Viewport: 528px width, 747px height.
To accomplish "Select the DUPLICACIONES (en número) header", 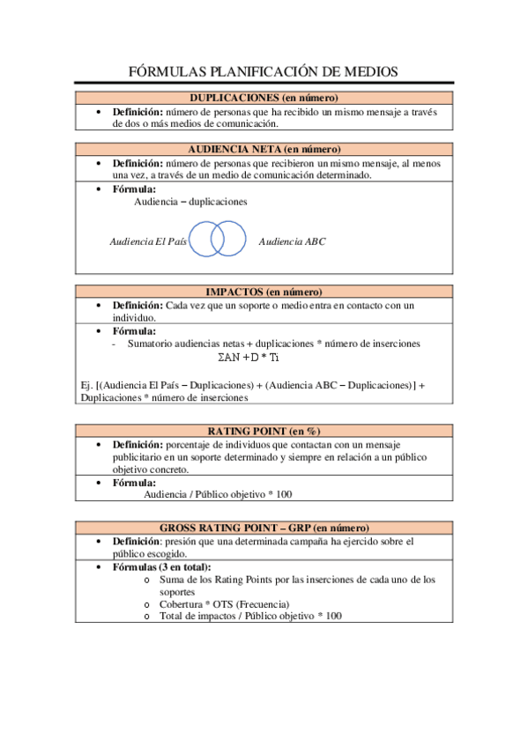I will click(x=264, y=98).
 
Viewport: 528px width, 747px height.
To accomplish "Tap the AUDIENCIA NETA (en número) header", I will click(x=264, y=149).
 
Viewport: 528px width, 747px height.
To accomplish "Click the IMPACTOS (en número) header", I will click(x=264, y=292).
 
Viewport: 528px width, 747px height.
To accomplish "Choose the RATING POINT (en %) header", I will click(x=264, y=430).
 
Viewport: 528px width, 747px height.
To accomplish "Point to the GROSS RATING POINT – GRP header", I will click(x=264, y=527).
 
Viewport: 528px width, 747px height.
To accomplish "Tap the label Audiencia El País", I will click(x=147, y=240).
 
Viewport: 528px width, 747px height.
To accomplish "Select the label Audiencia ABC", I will click(x=292, y=240).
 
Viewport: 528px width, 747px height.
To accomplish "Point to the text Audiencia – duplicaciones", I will click(x=190, y=202).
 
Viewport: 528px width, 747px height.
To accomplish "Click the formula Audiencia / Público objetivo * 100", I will click(x=218, y=495).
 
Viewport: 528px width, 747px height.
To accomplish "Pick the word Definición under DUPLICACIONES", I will click(x=137, y=112).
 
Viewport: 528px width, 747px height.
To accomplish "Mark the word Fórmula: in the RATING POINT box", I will click(x=134, y=483).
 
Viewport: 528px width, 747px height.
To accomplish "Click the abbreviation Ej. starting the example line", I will click(x=85, y=384).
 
